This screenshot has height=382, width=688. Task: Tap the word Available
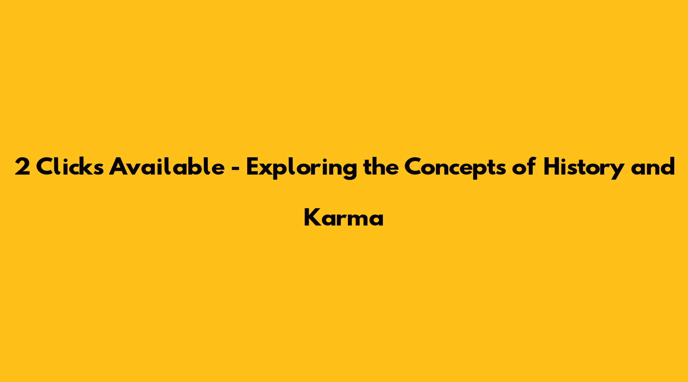167,166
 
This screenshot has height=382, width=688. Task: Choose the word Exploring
301,168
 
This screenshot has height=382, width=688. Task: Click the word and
654,166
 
